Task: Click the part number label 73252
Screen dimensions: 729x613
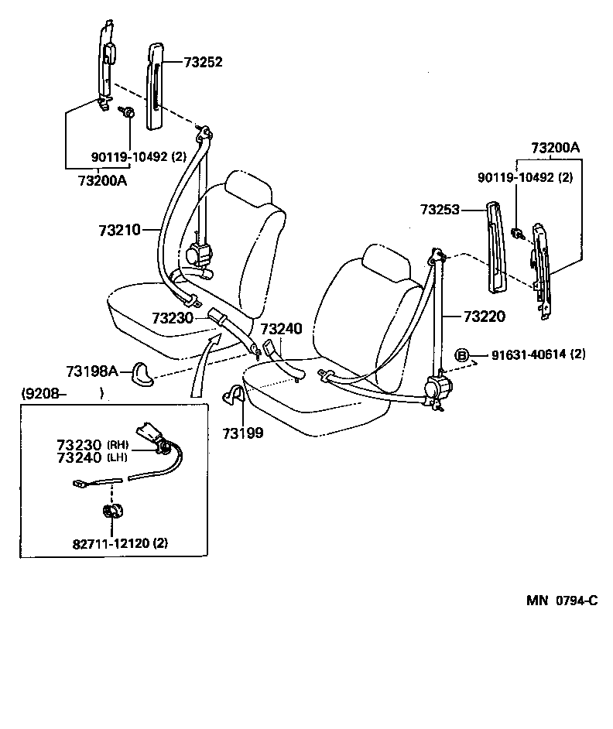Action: click(x=203, y=63)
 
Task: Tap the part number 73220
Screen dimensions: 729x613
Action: click(x=484, y=316)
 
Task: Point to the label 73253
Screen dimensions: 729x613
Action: click(x=440, y=209)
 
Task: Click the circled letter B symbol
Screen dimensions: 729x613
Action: click(x=462, y=355)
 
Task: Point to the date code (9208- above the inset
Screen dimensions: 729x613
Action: click(x=45, y=392)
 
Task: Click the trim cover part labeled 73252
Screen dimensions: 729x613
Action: click(x=155, y=85)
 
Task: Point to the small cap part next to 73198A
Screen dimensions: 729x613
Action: click(x=142, y=373)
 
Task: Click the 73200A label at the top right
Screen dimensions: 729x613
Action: click(x=555, y=148)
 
